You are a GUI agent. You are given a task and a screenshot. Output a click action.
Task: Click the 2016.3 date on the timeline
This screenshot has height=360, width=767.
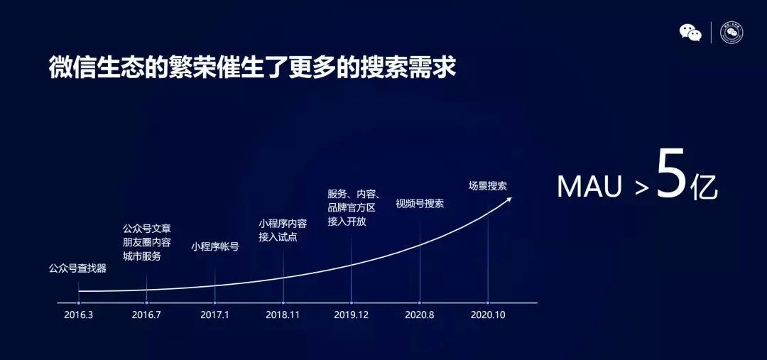click(x=78, y=315)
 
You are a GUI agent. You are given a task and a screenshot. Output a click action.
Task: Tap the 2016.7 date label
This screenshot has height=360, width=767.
click(x=146, y=315)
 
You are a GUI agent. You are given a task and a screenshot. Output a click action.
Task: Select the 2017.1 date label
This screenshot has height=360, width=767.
click(x=214, y=315)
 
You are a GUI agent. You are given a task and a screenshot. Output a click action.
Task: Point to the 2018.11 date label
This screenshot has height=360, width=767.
click(x=283, y=315)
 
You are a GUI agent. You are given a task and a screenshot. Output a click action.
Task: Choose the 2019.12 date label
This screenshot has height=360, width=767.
click(x=352, y=315)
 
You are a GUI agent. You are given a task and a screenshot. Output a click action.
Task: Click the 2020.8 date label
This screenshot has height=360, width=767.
click(x=419, y=315)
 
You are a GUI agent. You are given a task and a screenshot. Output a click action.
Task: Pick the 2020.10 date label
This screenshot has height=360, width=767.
click(x=488, y=315)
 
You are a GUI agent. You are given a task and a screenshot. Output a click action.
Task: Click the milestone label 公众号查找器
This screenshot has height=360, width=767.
click(x=77, y=268)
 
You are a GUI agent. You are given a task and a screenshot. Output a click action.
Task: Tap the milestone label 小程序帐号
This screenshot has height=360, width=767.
click(x=214, y=247)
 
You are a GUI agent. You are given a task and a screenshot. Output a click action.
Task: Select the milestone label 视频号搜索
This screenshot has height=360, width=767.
click(x=420, y=204)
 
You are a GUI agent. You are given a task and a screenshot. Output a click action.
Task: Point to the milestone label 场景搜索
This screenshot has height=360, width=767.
click(x=488, y=186)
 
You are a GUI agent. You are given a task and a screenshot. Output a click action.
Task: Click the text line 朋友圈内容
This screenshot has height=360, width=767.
click(x=147, y=243)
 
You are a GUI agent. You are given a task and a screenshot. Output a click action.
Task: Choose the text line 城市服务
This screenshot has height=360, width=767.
click(x=142, y=256)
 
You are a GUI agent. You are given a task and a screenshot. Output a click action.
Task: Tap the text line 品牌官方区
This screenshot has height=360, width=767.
click(x=352, y=207)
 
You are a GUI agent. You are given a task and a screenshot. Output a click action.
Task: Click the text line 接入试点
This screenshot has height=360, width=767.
click(x=278, y=238)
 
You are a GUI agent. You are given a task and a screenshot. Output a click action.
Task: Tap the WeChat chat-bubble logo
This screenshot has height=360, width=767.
click(x=690, y=32)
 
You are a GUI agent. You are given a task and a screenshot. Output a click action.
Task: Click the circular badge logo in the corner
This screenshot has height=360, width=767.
click(x=731, y=33)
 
